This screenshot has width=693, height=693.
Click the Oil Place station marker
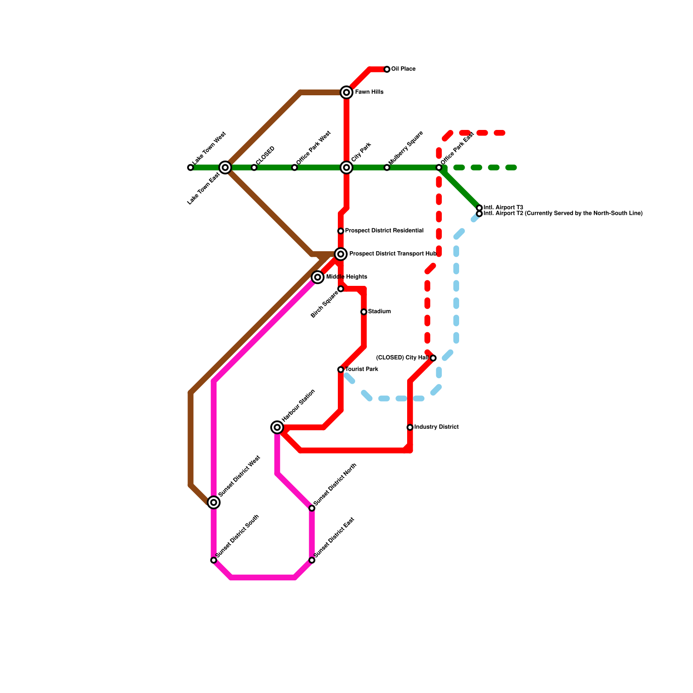point(387,69)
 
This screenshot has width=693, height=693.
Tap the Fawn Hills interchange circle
point(346,92)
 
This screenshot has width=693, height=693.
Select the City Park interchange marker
point(346,168)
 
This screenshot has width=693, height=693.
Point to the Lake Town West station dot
point(191,168)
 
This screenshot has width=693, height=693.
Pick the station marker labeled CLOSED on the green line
point(254,168)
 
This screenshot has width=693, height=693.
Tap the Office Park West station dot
point(295,168)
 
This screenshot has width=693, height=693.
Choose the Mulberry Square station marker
point(387,168)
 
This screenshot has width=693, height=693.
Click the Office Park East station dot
point(439,168)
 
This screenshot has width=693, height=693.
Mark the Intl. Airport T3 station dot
point(479,208)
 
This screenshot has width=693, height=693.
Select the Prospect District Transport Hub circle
point(341,254)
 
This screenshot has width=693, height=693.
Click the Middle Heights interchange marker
point(318,277)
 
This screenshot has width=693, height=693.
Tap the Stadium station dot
point(364,312)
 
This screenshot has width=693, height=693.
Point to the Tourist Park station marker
point(341,369)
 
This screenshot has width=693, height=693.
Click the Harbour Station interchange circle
point(277,427)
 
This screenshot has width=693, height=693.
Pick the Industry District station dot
point(410,427)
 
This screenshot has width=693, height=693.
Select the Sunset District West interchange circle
point(214,502)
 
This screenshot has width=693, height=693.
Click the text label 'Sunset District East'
point(334,537)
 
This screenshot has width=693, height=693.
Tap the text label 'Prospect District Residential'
point(384,231)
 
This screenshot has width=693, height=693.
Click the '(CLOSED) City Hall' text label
point(402,358)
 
